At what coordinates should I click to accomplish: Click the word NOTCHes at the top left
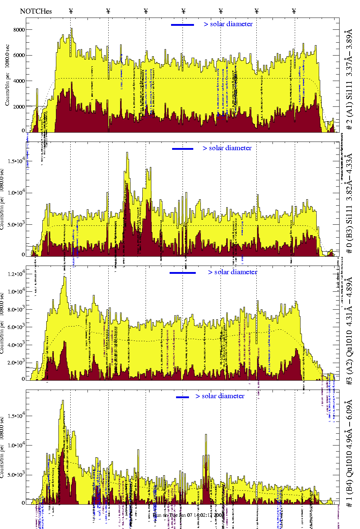click(x=36, y=11)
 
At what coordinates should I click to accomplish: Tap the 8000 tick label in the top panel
click(x=19, y=30)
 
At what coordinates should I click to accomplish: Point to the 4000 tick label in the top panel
click(x=19, y=81)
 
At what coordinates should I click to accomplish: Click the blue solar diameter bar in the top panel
click(x=183, y=25)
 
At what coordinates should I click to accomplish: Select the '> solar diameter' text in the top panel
click(x=228, y=24)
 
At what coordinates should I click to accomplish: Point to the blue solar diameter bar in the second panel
click(x=183, y=149)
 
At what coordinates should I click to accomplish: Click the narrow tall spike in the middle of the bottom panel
click(x=206, y=436)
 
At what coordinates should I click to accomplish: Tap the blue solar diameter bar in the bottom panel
click(x=183, y=397)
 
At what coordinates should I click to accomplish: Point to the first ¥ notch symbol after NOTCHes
click(x=71, y=11)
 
